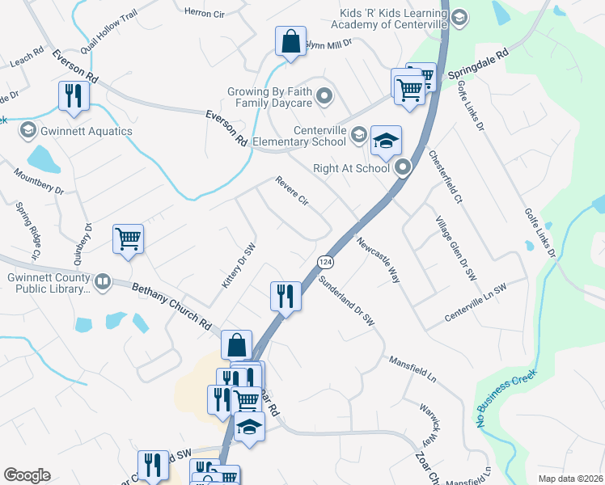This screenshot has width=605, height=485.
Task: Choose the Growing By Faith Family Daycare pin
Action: tap(325, 98)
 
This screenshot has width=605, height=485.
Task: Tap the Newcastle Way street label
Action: tap(379, 259)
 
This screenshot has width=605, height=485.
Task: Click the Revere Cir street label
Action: tap(292, 192)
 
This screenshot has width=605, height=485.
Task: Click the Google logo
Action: tap(27, 475)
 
